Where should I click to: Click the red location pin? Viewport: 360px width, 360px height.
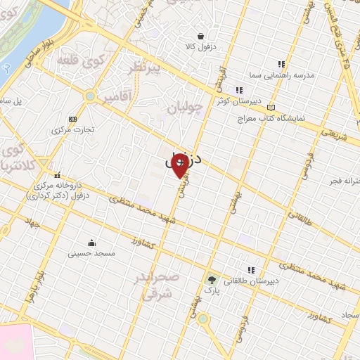click(179, 166)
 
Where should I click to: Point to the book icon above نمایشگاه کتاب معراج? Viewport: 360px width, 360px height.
click(271, 107)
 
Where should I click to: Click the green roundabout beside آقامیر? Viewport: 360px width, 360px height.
click(90, 96)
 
